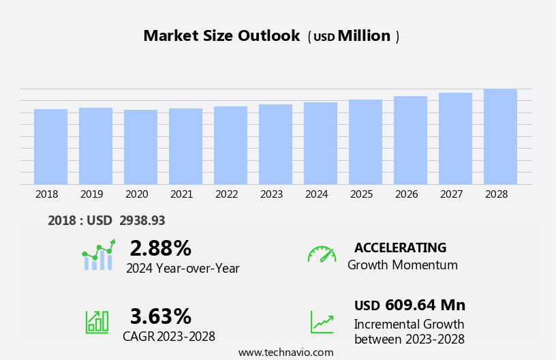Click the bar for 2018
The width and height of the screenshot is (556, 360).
[50, 147]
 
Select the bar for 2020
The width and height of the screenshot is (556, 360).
[140, 147]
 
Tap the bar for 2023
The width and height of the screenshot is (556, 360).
[275, 145]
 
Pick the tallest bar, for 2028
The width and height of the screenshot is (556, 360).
[500, 136]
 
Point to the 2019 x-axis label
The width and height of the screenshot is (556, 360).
[91, 194]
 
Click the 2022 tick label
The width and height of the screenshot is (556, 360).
[226, 194]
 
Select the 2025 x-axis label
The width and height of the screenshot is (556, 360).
[361, 194]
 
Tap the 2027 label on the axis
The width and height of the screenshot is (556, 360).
[451, 194]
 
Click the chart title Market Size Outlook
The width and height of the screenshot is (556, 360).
[221, 36]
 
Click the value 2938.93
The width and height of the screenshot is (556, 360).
[142, 221]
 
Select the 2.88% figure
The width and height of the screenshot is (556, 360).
[160, 248]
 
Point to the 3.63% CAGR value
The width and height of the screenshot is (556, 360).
[160, 316]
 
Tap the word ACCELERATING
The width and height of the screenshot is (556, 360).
[400, 248]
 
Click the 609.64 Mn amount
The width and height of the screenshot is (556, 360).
[425, 305]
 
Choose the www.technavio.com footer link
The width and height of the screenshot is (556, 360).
[285, 352]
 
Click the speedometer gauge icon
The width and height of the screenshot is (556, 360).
[322, 254]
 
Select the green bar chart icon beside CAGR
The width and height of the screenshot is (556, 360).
[97, 321]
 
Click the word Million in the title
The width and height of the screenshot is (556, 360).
[364, 36]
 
